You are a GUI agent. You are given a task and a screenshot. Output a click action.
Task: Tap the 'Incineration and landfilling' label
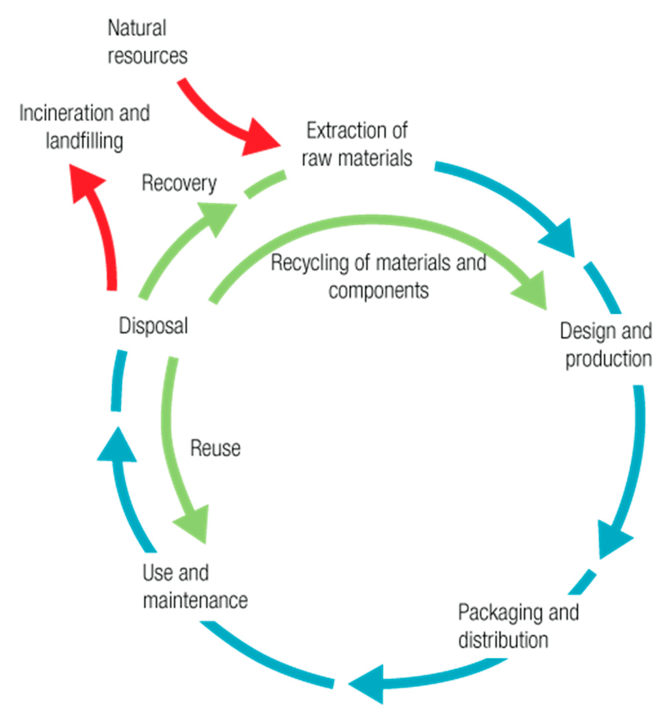[x=84, y=126]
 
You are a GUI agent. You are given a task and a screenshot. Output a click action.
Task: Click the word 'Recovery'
[x=179, y=183]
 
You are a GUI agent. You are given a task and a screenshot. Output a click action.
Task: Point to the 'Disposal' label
[x=153, y=326]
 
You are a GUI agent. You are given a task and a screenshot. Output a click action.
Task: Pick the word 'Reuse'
[x=215, y=448]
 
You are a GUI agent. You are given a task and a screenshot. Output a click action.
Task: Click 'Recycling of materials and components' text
[x=378, y=276]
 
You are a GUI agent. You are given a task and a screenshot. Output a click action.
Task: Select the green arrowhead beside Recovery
[x=216, y=217]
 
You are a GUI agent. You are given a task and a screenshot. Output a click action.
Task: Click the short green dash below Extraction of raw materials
[x=265, y=184]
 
